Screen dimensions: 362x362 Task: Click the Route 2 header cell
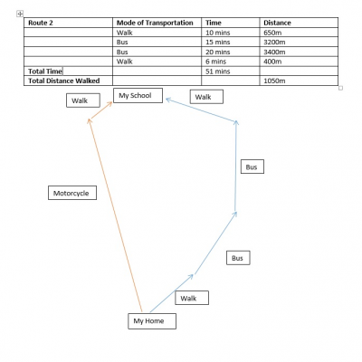pos(68,23)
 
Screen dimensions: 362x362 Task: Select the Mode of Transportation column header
pos(157,23)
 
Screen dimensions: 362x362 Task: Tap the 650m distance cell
pos(299,33)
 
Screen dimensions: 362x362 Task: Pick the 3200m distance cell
pos(299,42)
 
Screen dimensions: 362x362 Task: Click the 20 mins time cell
pos(231,52)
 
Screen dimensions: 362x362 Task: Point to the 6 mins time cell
pos(231,62)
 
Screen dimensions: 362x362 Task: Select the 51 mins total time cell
pos(231,71)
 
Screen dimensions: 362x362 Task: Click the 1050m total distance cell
pos(299,81)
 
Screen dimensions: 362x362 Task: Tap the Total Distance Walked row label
pos(68,81)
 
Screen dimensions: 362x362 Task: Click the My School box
pos(138,95)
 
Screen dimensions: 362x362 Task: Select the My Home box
pos(152,321)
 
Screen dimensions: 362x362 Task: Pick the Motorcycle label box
pos(72,193)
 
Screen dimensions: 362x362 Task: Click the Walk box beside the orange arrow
pos(83,100)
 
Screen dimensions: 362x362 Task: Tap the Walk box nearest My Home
pos(192,298)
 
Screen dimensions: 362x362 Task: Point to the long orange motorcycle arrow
pos(115,214)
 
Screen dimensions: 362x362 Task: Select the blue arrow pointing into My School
pos(201,110)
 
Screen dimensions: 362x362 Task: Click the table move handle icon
pos(20,14)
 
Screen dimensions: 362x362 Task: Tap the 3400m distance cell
pos(299,52)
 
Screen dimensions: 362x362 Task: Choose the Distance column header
pos(299,23)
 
